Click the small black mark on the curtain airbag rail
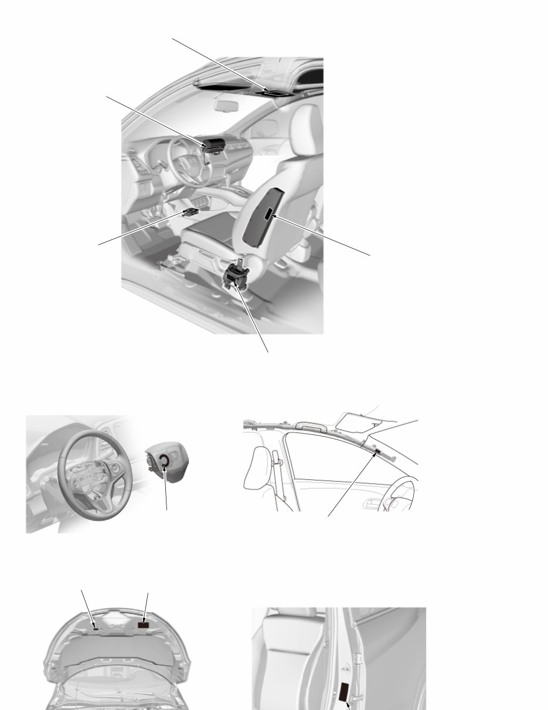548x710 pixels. pyautogui.click(x=377, y=451)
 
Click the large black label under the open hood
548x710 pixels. pyautogui.click(x=144, y=626)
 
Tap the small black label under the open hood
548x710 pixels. pyautogui.click(x=95, y=627)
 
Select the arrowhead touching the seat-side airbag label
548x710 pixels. pyautogui.click(x=274, y=218)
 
